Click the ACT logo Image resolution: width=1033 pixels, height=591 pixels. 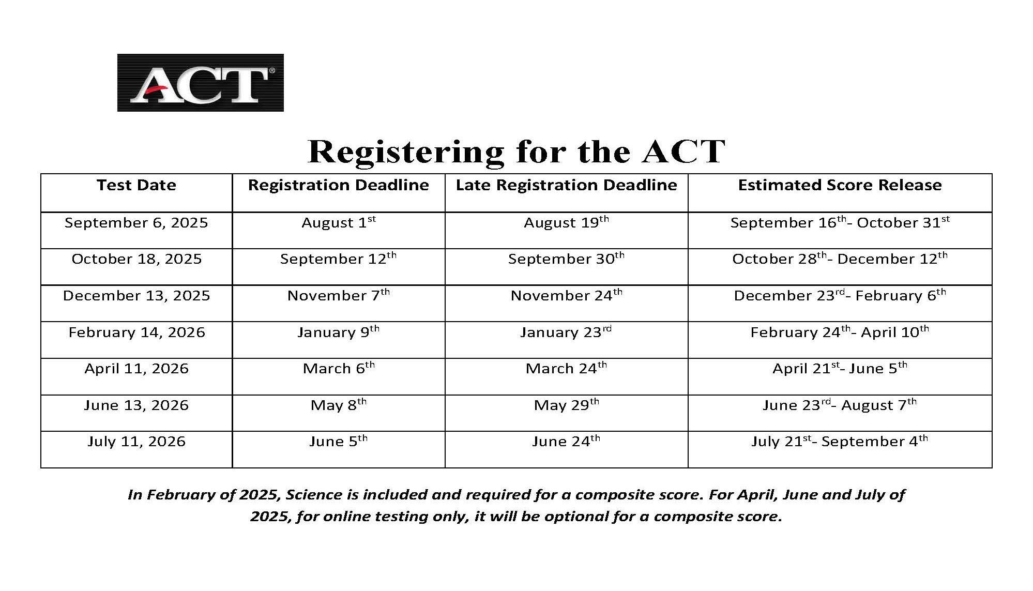(200, 83)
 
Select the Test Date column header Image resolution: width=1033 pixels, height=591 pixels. (136, 185)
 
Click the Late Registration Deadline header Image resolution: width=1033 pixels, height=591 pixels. (566, 185)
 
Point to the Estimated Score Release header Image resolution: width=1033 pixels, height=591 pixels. (840, 185)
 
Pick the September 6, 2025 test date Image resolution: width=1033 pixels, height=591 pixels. (136, 223)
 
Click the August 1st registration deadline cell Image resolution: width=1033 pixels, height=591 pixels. (339, 223)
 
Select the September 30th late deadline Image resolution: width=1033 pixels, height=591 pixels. (566, 259)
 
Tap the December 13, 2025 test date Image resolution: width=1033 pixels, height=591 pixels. (136, 296)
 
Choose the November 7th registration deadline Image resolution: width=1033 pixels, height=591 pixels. (339, 296)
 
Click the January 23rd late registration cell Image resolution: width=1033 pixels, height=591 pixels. (566, 332)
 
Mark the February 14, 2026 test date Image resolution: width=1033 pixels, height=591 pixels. (136, 332)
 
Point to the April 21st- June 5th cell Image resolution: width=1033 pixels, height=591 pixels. (840, 369)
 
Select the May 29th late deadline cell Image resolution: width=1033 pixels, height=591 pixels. (566, 405)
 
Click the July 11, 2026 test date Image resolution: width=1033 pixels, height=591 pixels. (136, 442)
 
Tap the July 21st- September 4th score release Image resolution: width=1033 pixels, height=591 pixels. (840, 442)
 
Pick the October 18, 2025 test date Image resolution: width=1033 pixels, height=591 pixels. (136, 259)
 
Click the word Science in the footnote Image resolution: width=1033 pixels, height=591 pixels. (314, 495)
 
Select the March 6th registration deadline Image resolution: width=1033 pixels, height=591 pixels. (339, 369)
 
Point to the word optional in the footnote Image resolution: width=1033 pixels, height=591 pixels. (576, 517)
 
